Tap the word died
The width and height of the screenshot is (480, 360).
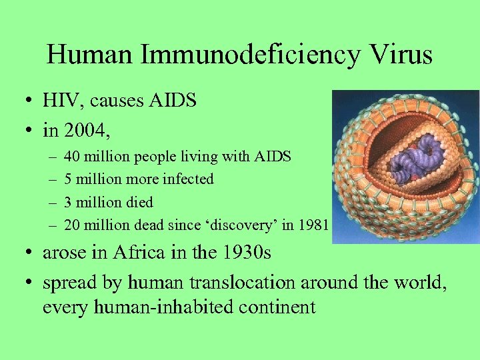[139, 202]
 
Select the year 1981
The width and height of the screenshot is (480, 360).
[314, 225]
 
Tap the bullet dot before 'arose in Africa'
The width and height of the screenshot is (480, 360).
[31, 254]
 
